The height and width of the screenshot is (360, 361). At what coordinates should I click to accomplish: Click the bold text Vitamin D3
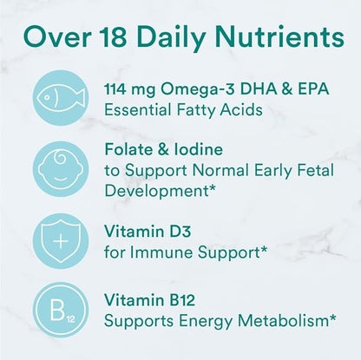[x=141, y=232]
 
